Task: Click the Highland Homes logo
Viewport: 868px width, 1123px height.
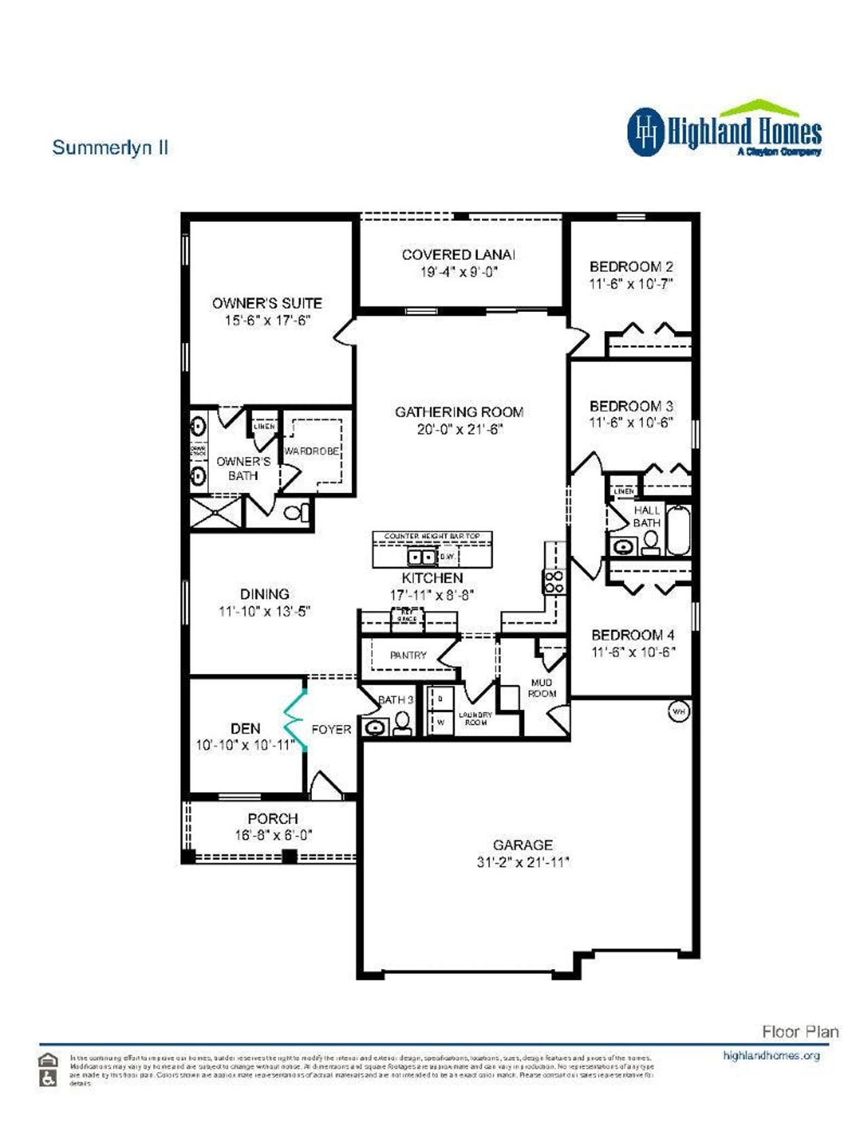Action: point(724,130)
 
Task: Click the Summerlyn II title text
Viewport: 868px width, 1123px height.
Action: point(110,148)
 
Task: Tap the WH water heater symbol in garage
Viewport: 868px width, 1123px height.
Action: point(679,711)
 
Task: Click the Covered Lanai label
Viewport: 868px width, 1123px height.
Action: point(458,255)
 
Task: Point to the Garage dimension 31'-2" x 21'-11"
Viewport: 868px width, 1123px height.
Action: point(522,863)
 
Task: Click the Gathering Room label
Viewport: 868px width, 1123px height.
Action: point(459,412)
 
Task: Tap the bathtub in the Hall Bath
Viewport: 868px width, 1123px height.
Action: point(677,530)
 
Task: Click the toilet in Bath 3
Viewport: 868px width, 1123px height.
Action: point(403,722)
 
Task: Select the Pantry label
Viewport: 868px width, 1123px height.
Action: point(408,655)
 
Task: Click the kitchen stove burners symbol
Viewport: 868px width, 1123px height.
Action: point(554,581)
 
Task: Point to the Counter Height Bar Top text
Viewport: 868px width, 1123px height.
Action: point(432,536)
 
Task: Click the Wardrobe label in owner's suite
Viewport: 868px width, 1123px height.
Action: point(311,451)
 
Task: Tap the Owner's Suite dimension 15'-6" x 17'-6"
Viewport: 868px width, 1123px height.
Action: point(267,321)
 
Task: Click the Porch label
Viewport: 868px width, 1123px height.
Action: point(273,819)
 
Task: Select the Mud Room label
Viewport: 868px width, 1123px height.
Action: point(542,688)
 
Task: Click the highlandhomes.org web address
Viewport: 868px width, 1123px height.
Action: point(771,1056)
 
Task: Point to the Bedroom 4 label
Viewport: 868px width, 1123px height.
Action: point(633,635)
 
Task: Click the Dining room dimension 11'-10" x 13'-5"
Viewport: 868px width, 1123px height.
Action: point(264,611)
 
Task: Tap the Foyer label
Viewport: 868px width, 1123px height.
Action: point(331,729)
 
